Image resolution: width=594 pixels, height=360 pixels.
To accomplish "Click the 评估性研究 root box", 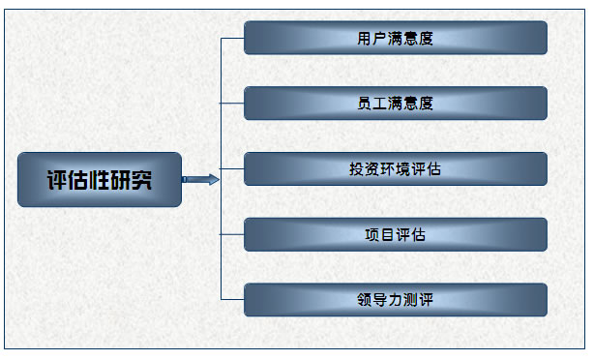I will pyautogui.click(x=100, y=179).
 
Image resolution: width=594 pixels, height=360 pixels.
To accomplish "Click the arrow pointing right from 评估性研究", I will pyautogui.click(x=200, y=179).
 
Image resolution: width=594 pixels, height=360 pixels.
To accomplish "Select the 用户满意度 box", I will pyautogui.click(x=395, y=39).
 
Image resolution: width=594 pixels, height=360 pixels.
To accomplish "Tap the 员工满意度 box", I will pyautogui.click(x=395, y=104).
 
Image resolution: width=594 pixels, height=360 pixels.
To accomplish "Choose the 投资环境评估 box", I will pyautogui.click(x=395, y=169).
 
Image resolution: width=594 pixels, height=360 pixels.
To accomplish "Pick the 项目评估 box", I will pyautogui.click(x=395, y=234).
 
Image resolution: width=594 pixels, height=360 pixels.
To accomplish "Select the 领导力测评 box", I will pyautogui.click(x=395, y=300).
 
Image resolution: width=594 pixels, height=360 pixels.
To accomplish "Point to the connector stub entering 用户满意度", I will pyautogui.click(x=232, y=39).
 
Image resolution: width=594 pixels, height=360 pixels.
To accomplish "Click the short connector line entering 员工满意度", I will pyautogui.click(x=232, y=104).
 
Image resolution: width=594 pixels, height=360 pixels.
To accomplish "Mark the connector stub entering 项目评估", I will pyautogui.click(x=232, y=234).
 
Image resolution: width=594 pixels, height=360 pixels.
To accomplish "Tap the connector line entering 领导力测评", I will pyautogui.click(x=232, y=300).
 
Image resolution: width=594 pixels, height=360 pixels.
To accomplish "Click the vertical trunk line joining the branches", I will pyautogui.click(x=222, y=135).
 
